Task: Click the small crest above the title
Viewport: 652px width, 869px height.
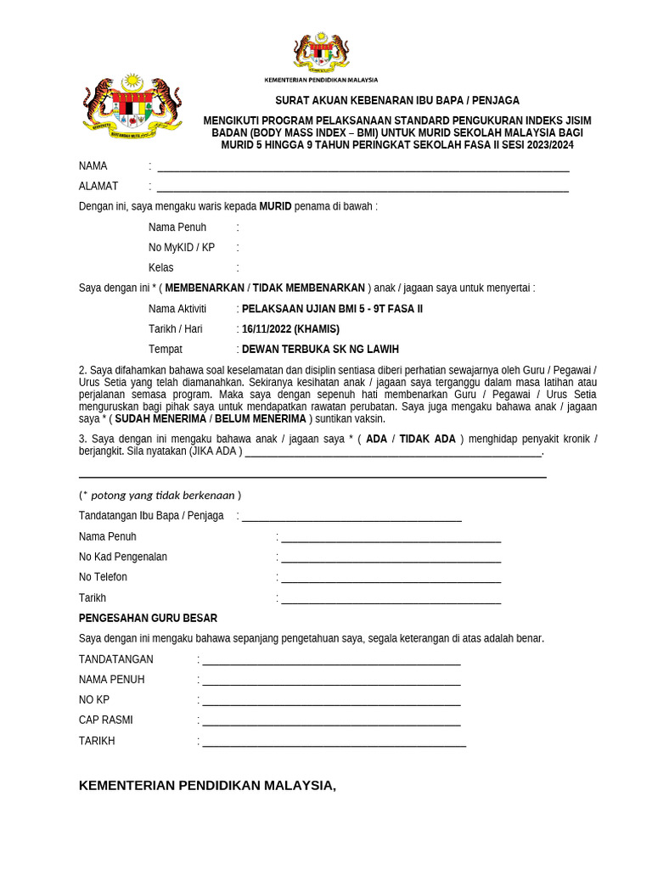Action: [321, 53]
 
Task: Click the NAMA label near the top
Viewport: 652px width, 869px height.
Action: [93, 166]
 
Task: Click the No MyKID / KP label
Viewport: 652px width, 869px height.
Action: [182, 248]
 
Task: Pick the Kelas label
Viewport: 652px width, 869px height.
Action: [161, 268]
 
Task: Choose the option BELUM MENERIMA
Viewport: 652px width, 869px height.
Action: [260, 419]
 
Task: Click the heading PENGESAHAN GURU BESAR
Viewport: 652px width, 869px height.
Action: [149, 618]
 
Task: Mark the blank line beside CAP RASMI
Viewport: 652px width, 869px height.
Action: [331, 721]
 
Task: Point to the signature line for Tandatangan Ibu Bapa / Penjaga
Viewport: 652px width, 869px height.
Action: [351, 517]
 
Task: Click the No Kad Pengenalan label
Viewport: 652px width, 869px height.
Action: [123, 558]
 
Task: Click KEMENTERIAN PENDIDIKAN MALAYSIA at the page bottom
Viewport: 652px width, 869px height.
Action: [207, 786]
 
